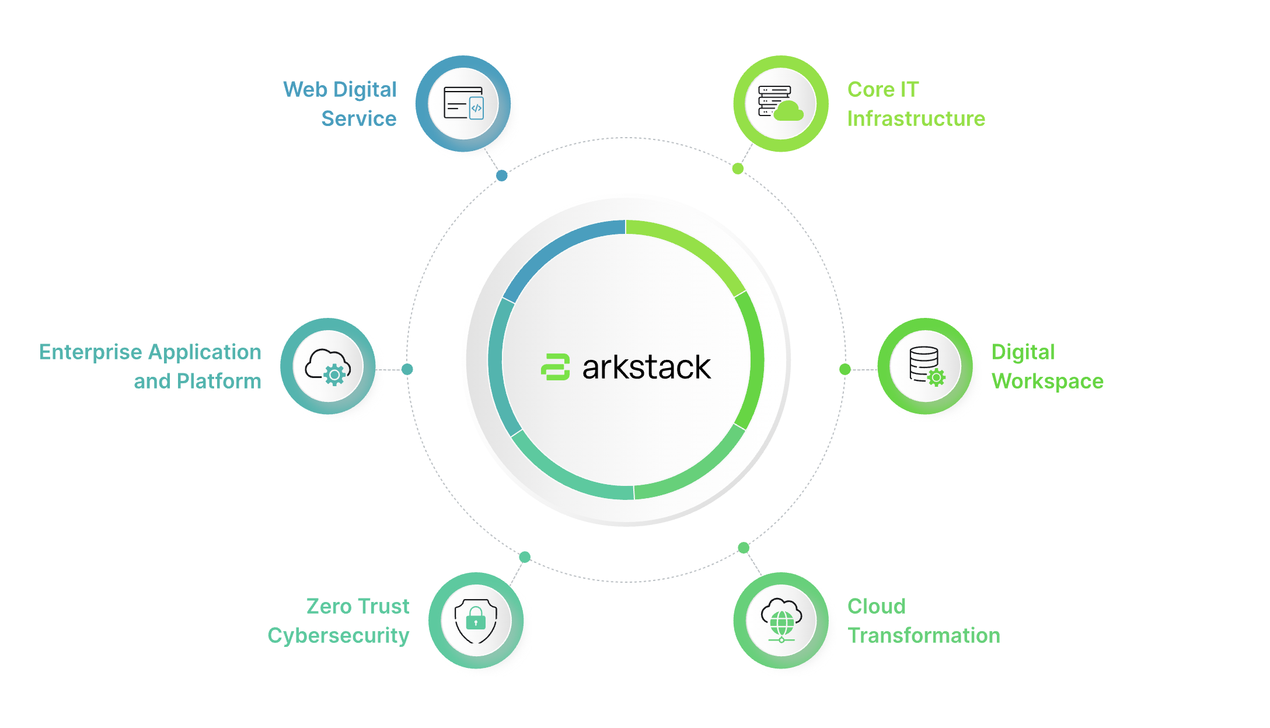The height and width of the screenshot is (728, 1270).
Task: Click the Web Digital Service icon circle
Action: [463, 104]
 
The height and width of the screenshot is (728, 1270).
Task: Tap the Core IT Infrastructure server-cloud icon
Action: [780, 104]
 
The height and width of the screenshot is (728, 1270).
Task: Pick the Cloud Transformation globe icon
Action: [781, 620]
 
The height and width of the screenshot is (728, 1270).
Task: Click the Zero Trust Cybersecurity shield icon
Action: [476, 620]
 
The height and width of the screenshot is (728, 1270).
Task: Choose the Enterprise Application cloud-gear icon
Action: [328, 366]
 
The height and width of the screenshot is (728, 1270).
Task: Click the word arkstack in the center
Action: [646, 367]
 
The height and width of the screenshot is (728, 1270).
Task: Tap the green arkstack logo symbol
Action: [555, 367]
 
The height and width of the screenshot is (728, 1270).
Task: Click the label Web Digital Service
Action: [341, 104]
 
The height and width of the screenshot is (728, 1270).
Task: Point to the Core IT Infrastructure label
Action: [916, 104]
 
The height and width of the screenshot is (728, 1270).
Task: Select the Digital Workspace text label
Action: [1047, 366]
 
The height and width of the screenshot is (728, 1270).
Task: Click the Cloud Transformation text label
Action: [923, 621]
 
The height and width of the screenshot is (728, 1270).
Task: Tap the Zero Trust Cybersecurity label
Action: [339, 621]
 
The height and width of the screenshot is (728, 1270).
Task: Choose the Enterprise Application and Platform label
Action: [151, 366]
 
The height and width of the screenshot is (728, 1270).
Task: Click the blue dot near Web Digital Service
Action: [502, 176]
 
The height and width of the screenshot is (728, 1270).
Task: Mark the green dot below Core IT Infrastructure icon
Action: [738, 169]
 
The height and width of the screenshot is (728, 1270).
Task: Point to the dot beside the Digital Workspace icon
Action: [845, 369]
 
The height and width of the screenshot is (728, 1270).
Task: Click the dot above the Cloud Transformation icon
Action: [744, 548]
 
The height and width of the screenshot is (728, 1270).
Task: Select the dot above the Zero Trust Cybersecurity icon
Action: [525, 557]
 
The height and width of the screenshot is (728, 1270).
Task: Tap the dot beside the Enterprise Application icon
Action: [407, 369]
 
